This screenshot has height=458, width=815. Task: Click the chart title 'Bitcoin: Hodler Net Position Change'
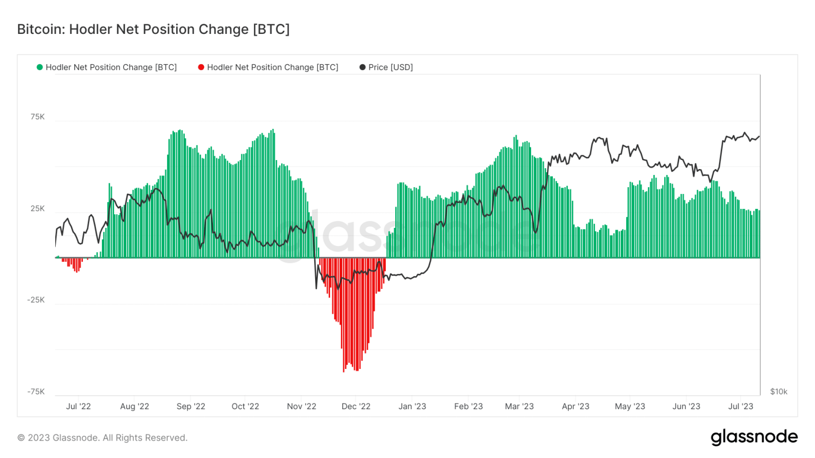[153, 29]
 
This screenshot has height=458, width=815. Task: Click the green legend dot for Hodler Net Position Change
[40, 67]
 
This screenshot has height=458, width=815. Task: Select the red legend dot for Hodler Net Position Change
[201, 67]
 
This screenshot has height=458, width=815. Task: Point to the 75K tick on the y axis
[38, 117]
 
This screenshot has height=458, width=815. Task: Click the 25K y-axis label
[38, 208]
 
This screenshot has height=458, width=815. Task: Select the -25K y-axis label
[36, 300]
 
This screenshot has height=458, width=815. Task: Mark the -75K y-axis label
[36, 392]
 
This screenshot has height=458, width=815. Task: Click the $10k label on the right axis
[778, 392]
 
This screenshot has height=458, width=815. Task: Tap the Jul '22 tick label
[79, 407]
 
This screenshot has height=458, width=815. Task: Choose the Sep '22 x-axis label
[191, 407]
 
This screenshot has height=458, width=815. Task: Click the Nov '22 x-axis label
[301, 407]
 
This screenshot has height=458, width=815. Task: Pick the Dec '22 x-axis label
[356, 407]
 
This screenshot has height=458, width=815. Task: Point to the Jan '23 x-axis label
[412, 407]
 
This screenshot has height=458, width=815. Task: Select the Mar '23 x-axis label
[519, 407]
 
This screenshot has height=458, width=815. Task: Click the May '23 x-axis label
[630, 407]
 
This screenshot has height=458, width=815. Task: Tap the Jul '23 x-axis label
[741, 407]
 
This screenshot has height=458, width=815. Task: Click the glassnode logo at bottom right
[754, 437]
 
